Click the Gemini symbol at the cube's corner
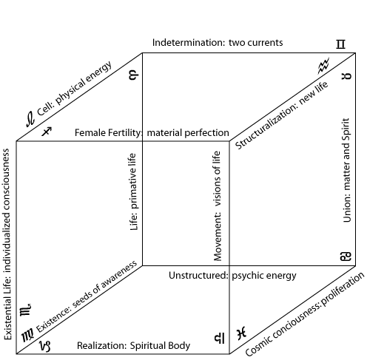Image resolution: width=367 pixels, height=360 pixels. (340, 44)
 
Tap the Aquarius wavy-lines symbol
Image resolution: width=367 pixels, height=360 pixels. (323, 66)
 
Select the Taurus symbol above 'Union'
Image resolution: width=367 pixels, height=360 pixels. (346, 76)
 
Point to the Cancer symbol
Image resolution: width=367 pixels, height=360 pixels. (346, 257)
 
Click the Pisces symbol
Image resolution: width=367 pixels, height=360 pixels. (241, 333)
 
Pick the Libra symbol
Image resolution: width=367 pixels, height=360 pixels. (219, 338)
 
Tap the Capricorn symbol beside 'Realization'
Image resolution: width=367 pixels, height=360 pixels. (45, 346)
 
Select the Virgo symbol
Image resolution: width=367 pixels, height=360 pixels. (28, 335)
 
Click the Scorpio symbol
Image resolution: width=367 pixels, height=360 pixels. (25, 309)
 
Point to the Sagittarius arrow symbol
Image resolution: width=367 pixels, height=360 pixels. (47, 132)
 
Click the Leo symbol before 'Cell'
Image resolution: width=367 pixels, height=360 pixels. (30, 119)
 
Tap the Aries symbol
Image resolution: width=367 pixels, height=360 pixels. (134, 75)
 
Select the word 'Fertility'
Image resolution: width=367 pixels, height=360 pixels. (125, 133)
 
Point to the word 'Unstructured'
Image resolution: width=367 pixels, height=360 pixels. (198, 275)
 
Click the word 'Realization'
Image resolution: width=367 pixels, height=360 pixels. (102, 345)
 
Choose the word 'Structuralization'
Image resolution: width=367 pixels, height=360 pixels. (266, 125)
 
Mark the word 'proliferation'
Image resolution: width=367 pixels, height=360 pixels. (343, 288)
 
